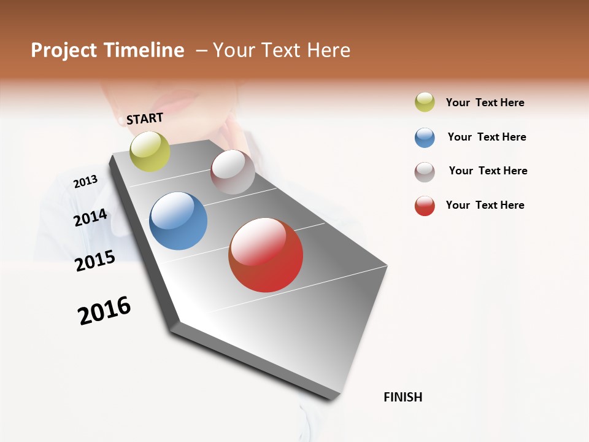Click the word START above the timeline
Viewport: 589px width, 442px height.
click(145, 118)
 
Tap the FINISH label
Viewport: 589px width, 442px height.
click(402, 397)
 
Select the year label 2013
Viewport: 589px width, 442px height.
click(85, 182)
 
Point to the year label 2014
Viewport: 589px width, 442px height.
click(90, 217)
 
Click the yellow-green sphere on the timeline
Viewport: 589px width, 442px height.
click(150, 151)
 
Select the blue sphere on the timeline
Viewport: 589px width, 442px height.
click(178, 221)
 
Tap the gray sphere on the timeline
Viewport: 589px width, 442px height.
click(233, 172)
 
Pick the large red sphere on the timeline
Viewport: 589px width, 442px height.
click(266, 255)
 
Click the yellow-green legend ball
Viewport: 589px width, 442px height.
click(425, 102)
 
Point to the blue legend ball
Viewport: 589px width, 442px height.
click(425, 138)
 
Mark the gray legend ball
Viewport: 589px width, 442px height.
click(425, 172)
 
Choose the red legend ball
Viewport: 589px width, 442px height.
click(425, 206)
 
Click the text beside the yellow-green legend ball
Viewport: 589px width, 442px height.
click(485, 103)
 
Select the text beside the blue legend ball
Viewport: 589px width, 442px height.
click(487, 137)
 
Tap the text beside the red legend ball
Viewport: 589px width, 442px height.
click(485, 205)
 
